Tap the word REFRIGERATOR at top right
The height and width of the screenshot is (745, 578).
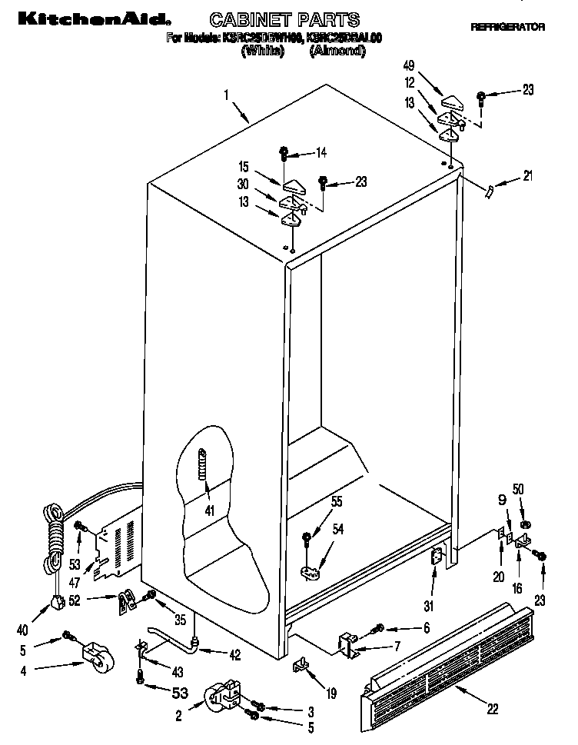(x=507, y=27)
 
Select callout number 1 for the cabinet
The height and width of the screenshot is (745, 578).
(x=227, y=95)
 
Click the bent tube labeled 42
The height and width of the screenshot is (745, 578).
(x=173, y=632)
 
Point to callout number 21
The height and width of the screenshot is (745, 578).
(x=527, y=176)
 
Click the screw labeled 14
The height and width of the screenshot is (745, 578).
(x=284, y=152)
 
